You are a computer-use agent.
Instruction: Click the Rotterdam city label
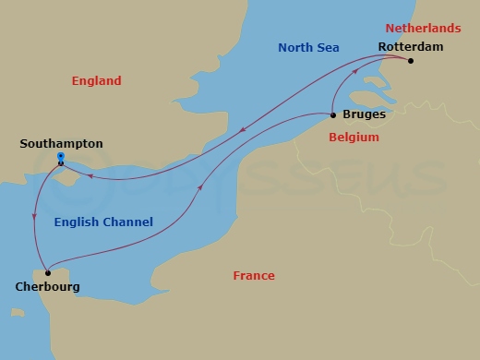tap(411, 45)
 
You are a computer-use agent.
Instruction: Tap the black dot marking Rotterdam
tap(411, 62)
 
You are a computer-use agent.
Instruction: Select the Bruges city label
tap(364, 115)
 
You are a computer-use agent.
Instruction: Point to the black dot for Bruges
tap(333, 115)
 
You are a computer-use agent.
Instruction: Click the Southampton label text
tap(61, 144)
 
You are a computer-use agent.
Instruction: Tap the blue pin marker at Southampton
tap(60, 158)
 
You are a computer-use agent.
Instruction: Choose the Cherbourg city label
tap(47, 287)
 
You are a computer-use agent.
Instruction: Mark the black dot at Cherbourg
tap(47, 273)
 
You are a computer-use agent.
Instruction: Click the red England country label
tap(97, 81)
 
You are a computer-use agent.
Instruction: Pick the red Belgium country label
tap(354, 138)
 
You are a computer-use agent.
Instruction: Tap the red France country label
tap(254, 276)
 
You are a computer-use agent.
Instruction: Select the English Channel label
tap(103, 222)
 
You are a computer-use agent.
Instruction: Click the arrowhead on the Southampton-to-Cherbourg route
tap(35, 215)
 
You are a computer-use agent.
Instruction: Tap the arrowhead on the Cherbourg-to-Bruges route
tap(200, 188)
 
